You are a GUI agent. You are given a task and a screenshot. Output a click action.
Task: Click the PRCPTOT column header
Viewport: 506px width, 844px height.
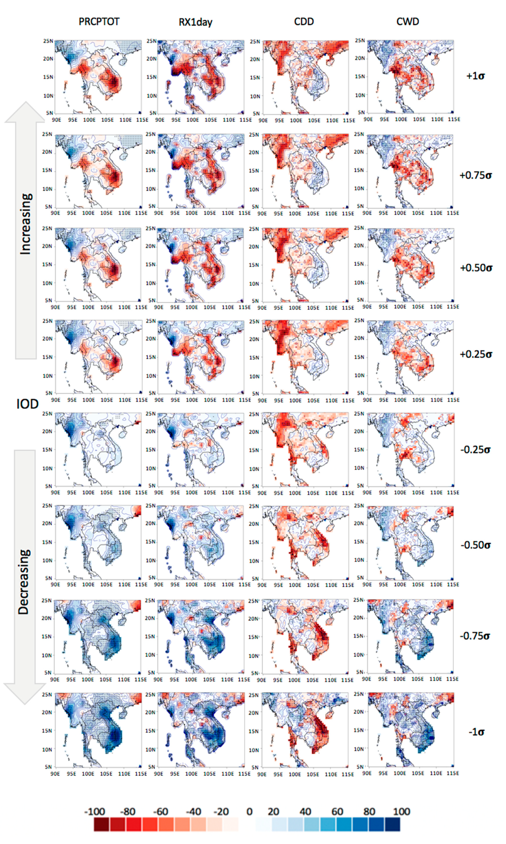tap(99, 22)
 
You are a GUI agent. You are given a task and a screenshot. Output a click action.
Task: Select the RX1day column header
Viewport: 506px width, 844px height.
tap(195, 23)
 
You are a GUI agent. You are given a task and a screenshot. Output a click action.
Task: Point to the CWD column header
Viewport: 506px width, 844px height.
tap(407, 22)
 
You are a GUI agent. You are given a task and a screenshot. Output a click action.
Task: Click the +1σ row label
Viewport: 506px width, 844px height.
tap(475, 76)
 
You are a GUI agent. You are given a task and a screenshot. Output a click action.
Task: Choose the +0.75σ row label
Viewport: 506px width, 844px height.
tap(475, 175)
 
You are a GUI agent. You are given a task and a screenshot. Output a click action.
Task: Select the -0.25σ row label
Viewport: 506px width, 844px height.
tap(475, 450)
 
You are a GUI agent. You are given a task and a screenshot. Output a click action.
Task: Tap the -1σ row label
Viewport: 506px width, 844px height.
tap(476, 732)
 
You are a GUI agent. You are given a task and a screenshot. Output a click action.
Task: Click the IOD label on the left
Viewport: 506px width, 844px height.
tap(27, 404)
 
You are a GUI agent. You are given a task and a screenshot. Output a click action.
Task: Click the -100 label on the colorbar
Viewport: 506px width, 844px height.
tap(94, 811)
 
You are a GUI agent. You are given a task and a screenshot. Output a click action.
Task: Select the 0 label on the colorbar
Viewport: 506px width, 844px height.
tap(249, 811)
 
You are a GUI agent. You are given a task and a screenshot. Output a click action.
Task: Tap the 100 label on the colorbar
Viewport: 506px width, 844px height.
tap(401, 811)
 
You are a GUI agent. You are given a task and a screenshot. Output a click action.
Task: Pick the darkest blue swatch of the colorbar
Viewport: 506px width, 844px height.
tap(392, 824)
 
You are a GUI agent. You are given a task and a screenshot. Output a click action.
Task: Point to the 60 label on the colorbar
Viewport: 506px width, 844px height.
tap(337, 811)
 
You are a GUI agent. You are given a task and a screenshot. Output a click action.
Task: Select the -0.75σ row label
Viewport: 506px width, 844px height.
tap(475, 636)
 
